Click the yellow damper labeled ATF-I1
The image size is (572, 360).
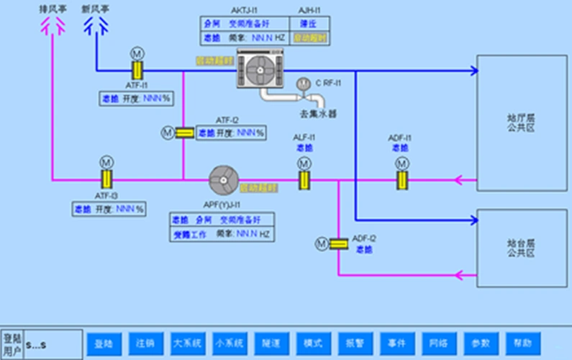click(135, 71)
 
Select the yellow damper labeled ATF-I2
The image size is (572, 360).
click(184, 132)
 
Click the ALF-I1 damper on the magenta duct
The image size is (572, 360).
click(304, 179)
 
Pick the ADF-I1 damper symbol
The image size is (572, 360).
click(401, 179)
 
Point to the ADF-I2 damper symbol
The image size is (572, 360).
click(338, 244)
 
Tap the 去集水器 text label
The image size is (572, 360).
click(318, 113)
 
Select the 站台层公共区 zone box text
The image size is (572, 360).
click(521, 249)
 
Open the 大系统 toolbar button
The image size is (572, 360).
click(189, 343)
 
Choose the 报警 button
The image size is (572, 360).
click(355, 343)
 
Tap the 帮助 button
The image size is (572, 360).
click(522, 343)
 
